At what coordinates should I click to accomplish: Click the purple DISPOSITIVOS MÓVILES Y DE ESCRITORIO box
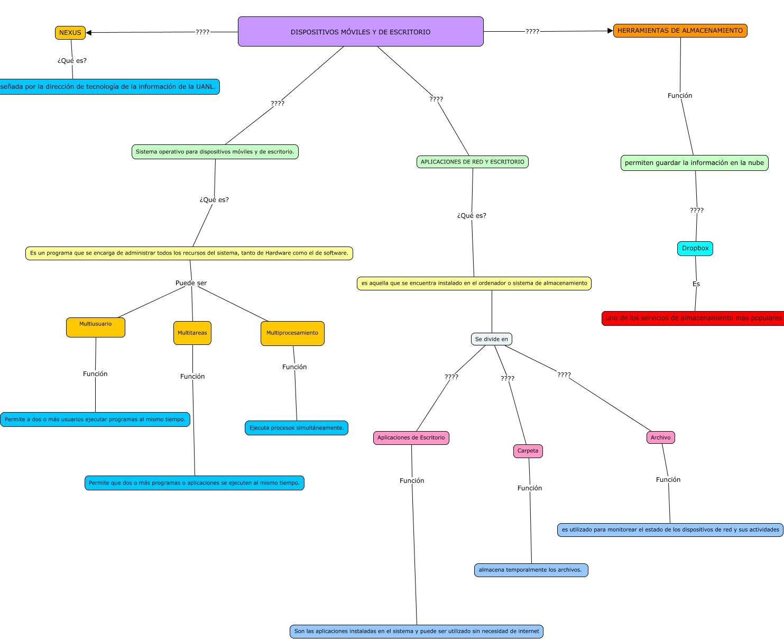(361, 31)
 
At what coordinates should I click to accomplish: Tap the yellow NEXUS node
(70, 33)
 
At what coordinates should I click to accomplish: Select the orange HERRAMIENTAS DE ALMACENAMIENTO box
(680, 31)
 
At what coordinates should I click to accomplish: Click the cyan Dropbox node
(695, 248)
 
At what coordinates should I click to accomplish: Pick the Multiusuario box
(96, 327)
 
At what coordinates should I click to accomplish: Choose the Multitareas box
(192, 333)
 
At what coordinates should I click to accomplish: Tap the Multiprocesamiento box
(293, 333)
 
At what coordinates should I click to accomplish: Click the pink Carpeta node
(528, 451)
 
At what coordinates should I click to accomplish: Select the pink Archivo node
(661, 437)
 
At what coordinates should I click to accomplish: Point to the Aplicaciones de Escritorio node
(411, 438)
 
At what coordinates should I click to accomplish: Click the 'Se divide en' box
(491, 339)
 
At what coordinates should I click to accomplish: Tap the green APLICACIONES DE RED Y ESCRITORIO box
(473, 162)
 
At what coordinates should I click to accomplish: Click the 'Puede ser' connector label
(191, 283)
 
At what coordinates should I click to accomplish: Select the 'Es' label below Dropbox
(696, 284)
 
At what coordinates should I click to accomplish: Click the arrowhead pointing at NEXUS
(89, 33)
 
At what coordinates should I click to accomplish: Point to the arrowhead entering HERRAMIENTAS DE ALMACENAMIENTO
(610, 31)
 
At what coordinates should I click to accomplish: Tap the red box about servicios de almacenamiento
(693, 318)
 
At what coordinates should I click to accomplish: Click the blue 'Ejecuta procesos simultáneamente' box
(297, 428)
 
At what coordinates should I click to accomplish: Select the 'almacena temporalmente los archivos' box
(531, 570)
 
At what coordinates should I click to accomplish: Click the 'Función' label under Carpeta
(530, 488)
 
